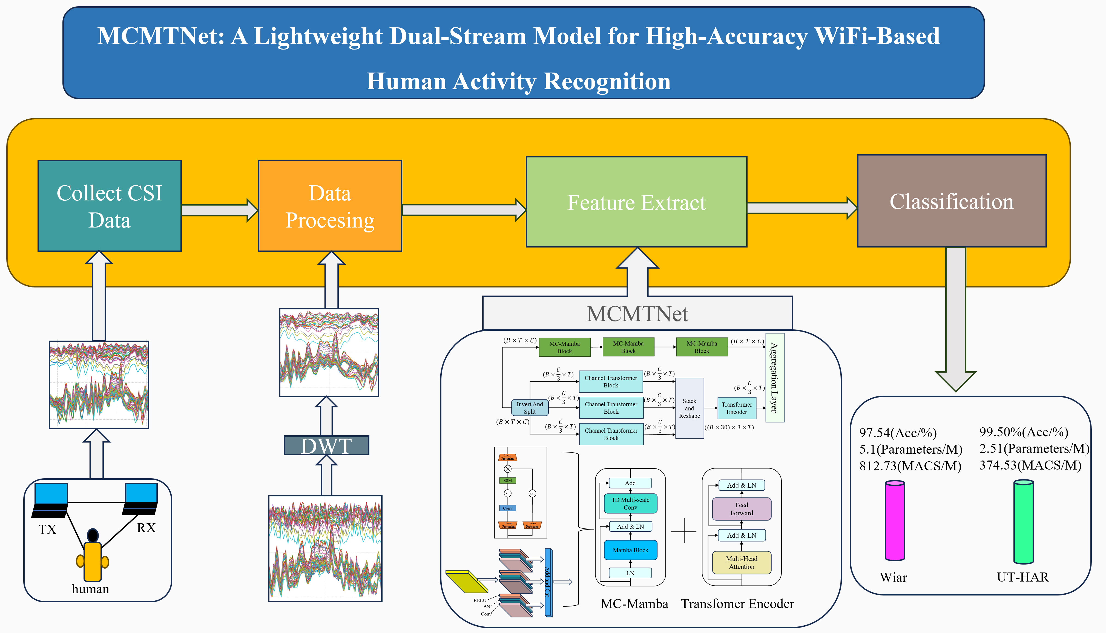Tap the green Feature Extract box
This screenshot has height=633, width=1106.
tap(636, 202)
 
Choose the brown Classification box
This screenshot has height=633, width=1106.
tap(952, 201)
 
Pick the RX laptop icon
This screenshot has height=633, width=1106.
tap(140, 499)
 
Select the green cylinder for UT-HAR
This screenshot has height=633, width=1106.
tap(1023, 521)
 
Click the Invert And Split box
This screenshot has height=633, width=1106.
tap(530, 408)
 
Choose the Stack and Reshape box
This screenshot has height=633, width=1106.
tap(690, 408)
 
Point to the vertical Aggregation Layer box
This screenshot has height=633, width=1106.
tap(774, 377)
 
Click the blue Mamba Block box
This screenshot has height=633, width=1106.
tap(630, 550)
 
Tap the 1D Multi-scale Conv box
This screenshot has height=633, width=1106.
tap(630, 503)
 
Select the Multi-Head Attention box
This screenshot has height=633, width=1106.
tap(742, 563)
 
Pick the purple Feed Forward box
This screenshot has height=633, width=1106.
tap(742, 509)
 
